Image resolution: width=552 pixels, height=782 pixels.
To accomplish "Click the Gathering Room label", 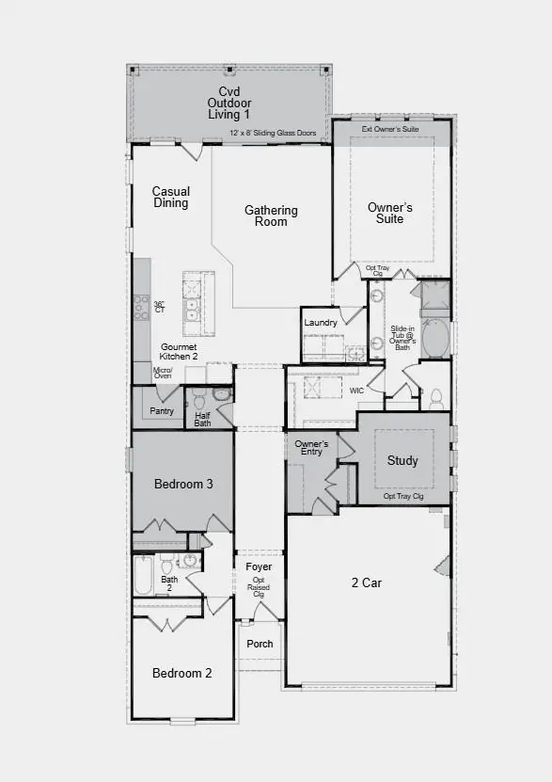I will (271, 215).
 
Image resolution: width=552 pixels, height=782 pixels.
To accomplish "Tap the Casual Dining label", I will (171, 198).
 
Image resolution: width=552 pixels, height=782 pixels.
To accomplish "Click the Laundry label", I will (321, 323).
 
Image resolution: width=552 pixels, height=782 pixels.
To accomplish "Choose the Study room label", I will (402, 460).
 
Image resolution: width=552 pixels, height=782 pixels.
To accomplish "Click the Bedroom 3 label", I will (183, 484).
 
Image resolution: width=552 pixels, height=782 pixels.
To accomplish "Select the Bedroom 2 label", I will (182, 673).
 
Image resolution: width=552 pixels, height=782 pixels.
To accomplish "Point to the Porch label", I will (260, 644).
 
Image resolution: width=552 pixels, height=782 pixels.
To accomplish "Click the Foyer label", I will (259, 567).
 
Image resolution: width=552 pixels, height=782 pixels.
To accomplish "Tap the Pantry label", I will (162, 410).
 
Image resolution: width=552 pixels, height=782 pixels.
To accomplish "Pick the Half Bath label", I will (202, 419).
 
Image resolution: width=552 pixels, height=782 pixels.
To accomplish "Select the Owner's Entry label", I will (310, 447).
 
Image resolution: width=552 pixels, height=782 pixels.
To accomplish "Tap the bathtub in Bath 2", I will (143, 575).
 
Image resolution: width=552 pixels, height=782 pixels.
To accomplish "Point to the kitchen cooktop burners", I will (141, 306).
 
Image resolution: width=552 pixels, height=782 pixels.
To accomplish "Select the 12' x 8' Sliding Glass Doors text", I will (274, 134).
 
